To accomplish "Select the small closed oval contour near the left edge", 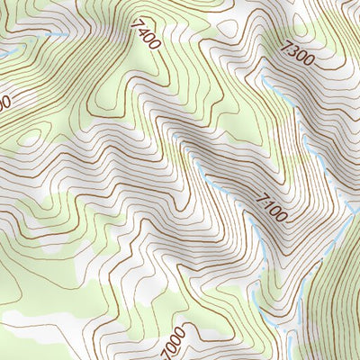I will click(30, 138).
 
